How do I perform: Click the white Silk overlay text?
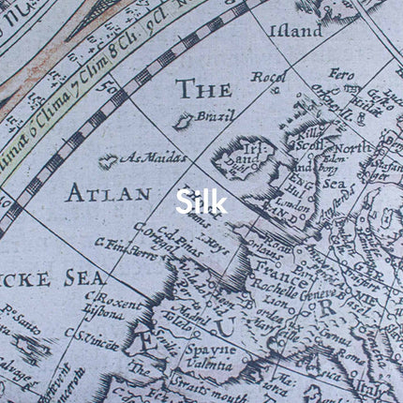pos(201,202)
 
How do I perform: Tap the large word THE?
pos(203,91)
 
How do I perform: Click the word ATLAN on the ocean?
pos(108,194)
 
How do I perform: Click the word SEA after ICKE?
pos(84,278)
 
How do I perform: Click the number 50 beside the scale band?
pos(115,93)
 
